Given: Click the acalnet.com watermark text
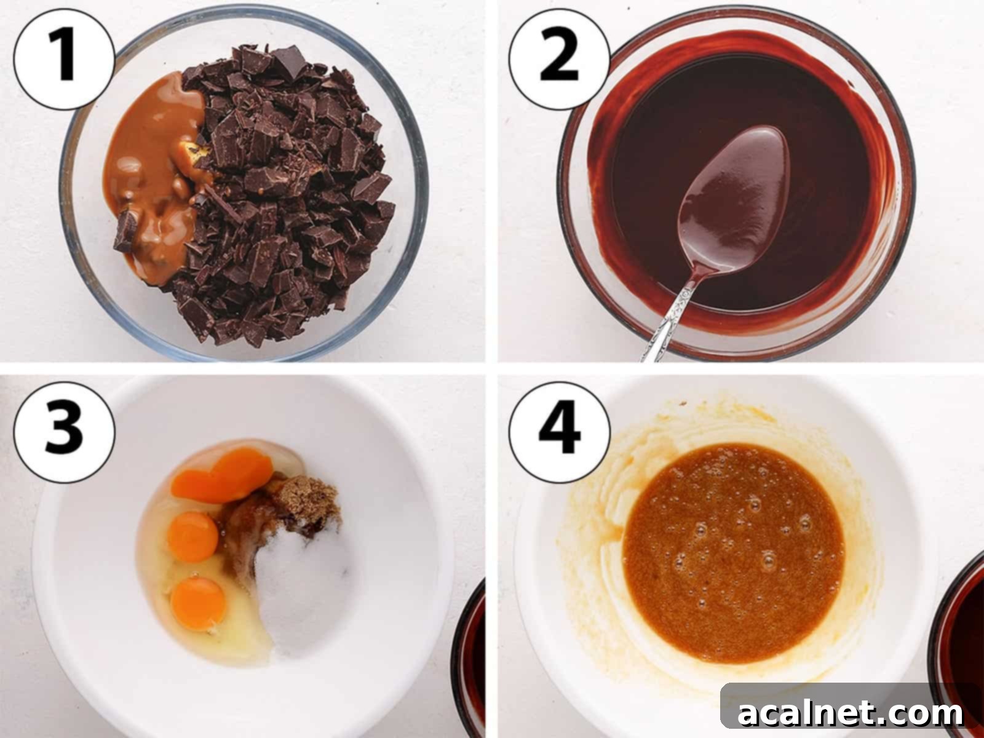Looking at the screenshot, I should point(851,713).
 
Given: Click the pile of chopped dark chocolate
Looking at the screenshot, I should point(289,184).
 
